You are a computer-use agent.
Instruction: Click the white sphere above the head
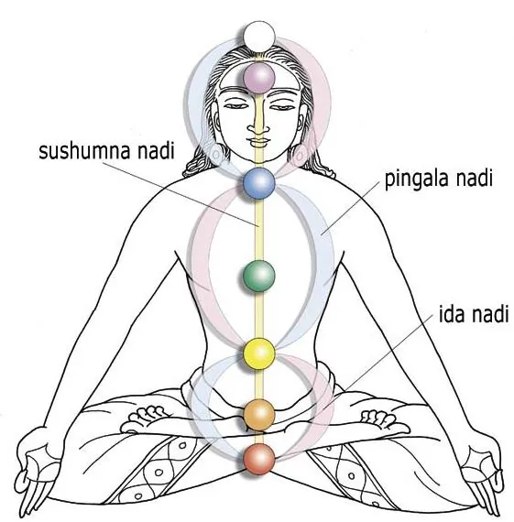[258, 37]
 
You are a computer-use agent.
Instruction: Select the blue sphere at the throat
[258, 183]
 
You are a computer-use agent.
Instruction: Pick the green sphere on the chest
[258, 276]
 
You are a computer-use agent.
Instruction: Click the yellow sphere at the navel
[259, 353]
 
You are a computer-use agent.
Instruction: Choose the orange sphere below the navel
[258, 415]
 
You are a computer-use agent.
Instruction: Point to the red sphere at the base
[258, 460]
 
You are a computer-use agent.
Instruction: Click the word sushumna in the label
[83, 152]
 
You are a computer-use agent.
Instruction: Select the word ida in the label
[452, 314]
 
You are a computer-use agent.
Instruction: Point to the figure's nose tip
[258, 129]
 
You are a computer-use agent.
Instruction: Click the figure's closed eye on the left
[235, 106]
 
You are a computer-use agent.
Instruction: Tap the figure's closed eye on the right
[282, 106]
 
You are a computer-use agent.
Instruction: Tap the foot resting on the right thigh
[383, 420]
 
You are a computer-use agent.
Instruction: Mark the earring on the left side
[217, 154]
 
